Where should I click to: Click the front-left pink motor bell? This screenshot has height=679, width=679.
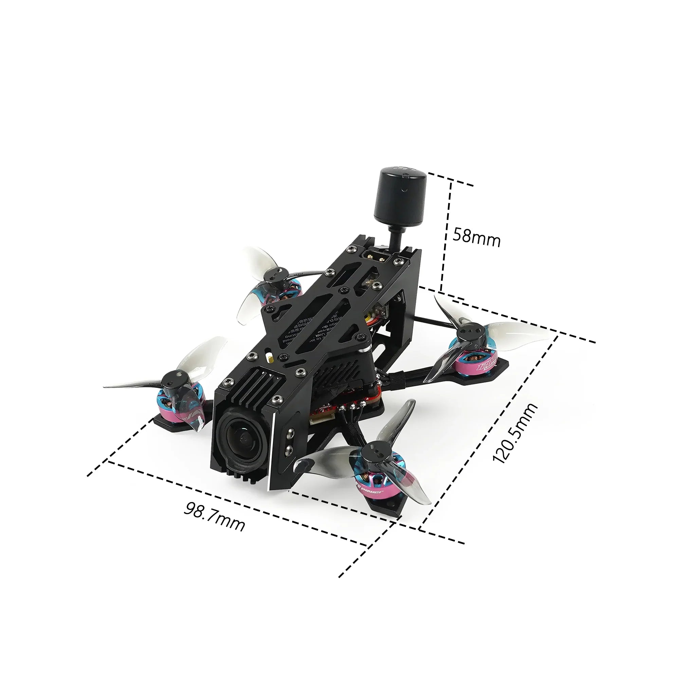click(x=172, y=408)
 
